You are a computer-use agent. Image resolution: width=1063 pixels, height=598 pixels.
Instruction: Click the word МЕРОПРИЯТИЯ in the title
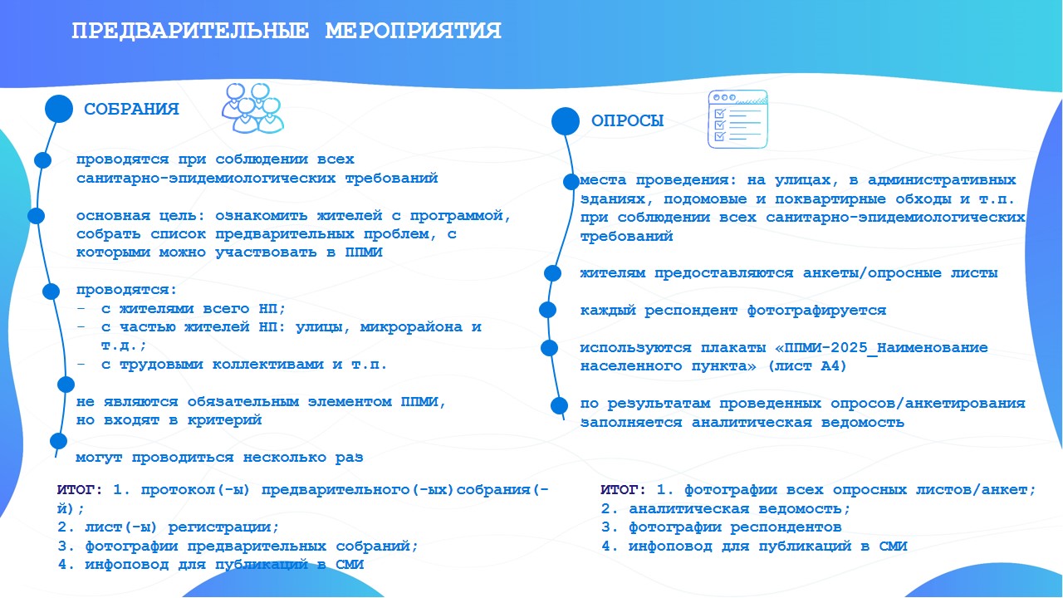(413, 32)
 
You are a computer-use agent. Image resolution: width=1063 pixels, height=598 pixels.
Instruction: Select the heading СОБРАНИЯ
(131, 109)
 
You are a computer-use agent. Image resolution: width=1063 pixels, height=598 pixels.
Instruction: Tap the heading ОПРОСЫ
(627, 121)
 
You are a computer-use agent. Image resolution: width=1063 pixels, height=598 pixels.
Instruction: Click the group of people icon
(252, 108)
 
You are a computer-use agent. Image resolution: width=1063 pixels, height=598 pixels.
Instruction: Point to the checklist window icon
(737, 119)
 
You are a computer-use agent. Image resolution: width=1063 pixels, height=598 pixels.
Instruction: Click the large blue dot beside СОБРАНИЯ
(59, 109)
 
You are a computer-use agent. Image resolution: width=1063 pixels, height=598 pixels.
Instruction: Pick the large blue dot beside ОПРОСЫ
(566, 121)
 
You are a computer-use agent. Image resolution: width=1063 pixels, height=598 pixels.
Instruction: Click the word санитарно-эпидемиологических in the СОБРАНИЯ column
(206, 179)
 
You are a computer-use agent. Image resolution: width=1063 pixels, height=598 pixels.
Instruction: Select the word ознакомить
(262, 216)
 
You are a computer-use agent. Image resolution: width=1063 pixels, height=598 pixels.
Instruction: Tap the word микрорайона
(411, 327)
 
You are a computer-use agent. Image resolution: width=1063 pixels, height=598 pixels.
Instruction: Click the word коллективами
(272, 365)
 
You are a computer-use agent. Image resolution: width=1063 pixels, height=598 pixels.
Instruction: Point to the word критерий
(224, 420)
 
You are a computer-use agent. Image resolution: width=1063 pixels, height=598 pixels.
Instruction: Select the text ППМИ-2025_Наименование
(886, 347)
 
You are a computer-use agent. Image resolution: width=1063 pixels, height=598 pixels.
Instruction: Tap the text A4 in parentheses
(830, 366)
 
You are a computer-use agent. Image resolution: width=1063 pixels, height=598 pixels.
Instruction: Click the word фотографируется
(816, 311)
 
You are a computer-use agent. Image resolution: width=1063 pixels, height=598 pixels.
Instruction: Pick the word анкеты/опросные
(872, 273)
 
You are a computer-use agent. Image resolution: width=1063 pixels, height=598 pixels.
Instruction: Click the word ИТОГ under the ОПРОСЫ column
(620, 490)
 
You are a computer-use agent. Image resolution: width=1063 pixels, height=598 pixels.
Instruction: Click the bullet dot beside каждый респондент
(547, 310)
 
